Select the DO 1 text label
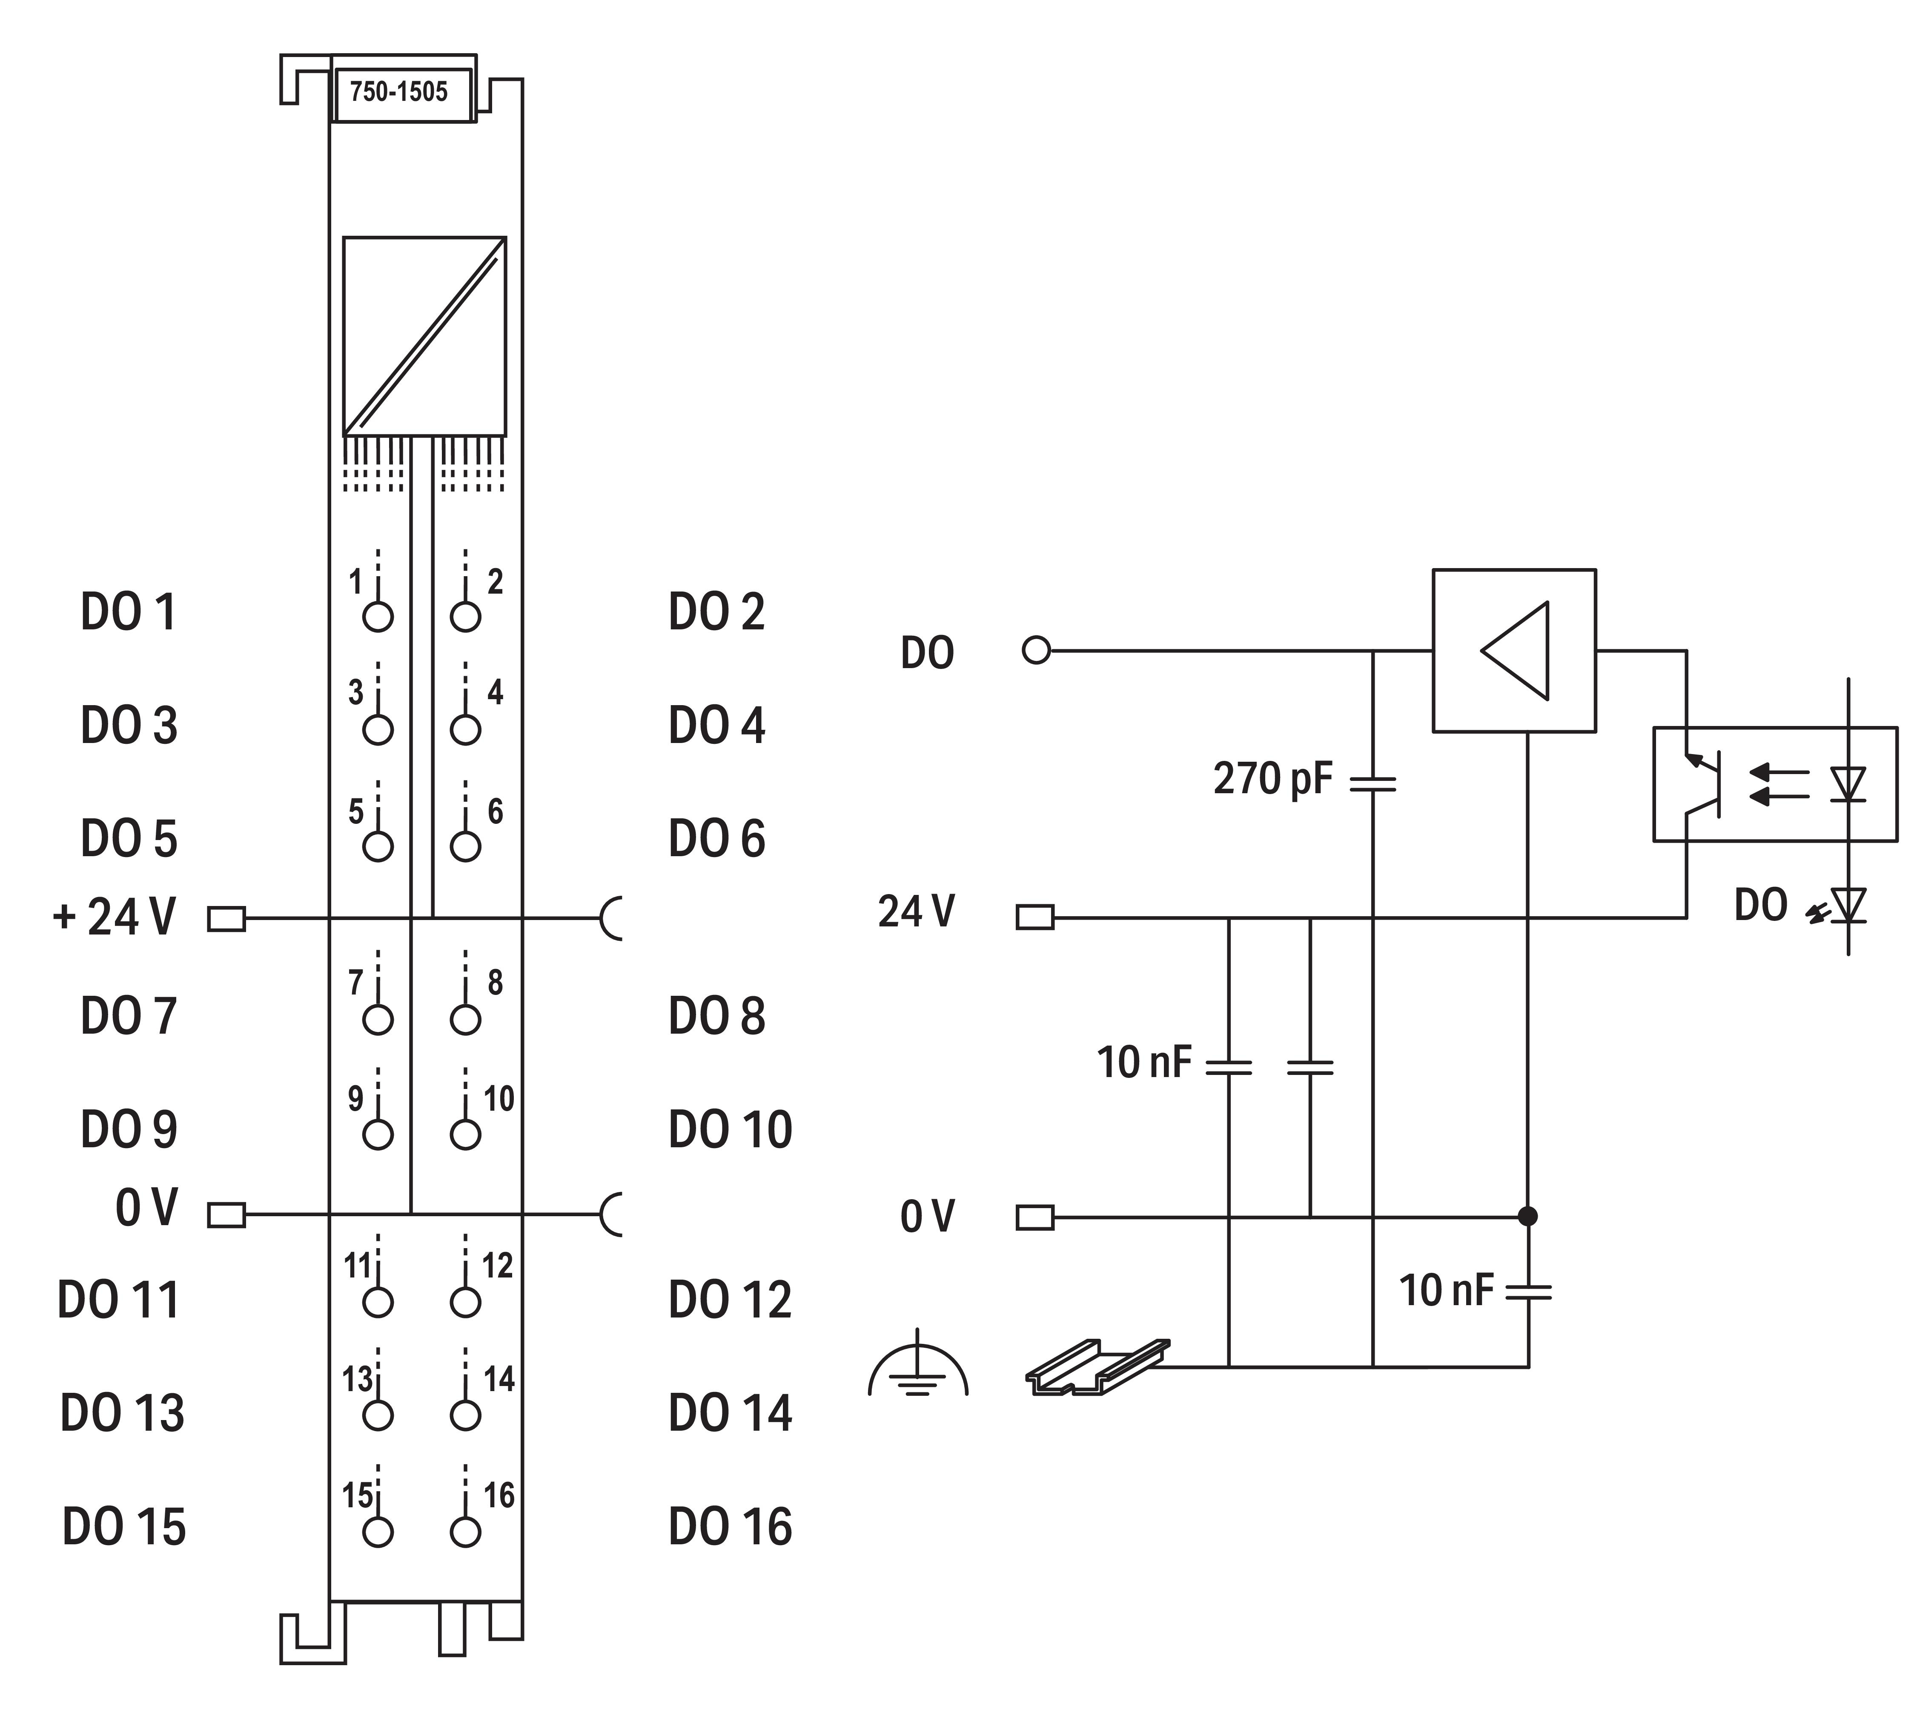(x=129, y=612)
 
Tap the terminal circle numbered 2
(x=465, y=617)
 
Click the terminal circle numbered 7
(x=378, y=1020)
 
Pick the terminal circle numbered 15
(x=378, y=1532)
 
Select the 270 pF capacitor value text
(x=1272, y=778)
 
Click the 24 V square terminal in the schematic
(x=1035, y=917)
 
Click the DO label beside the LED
(x=1760, y=906)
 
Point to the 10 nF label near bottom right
(x=1445, y=1291)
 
